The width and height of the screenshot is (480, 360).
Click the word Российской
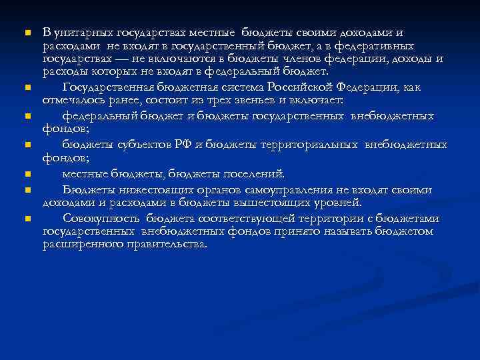(x=299, y=87)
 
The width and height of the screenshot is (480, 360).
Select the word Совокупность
(x=101, y=219)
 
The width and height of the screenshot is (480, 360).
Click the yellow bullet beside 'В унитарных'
(x=27, y=33)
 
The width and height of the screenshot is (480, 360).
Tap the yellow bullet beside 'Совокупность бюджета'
(x=27, y=219)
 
